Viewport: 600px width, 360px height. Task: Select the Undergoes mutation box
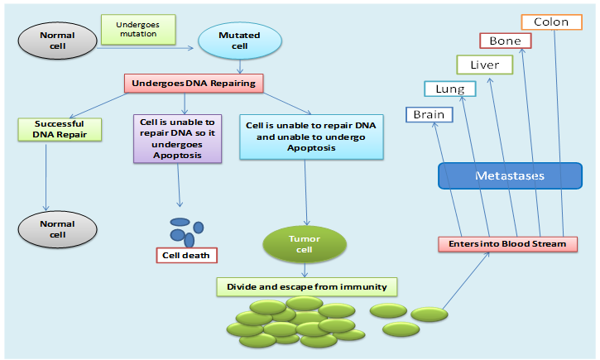138,30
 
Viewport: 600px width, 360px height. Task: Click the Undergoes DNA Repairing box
194,83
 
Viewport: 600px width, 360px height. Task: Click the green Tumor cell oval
304,244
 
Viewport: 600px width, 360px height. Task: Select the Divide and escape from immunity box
307,287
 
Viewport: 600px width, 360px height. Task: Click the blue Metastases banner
510,175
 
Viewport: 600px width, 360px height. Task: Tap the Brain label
429,115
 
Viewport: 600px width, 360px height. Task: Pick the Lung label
449,89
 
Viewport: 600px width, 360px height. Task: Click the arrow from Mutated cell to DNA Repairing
239,66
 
